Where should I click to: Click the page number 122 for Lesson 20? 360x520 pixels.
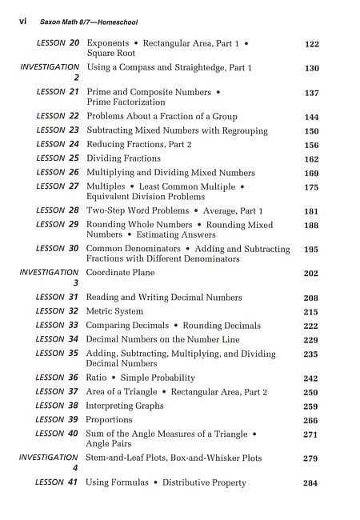coord(312,45)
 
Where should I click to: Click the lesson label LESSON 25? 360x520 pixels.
coord(58,158)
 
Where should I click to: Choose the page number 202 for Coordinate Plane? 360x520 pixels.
coord(312,273)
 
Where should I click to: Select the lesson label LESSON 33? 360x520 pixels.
coord(58,326)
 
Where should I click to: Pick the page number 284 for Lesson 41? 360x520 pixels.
coord(312,484)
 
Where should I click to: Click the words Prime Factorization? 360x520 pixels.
coord(126,102)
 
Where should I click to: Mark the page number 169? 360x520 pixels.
coord(312,174)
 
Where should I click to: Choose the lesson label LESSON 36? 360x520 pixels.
coord(58,378)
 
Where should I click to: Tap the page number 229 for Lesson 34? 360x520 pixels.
coord(312,341)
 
